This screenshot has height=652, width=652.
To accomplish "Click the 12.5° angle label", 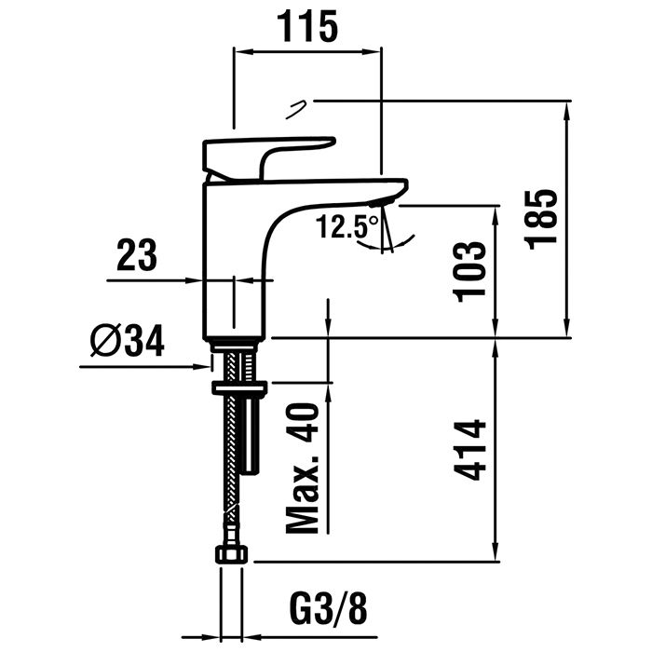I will (346, 226).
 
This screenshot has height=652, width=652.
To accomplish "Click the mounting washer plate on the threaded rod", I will (239, 386).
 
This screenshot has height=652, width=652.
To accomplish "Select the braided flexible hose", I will (227, 466).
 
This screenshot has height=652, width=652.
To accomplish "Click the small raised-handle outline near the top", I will (297, 107).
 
